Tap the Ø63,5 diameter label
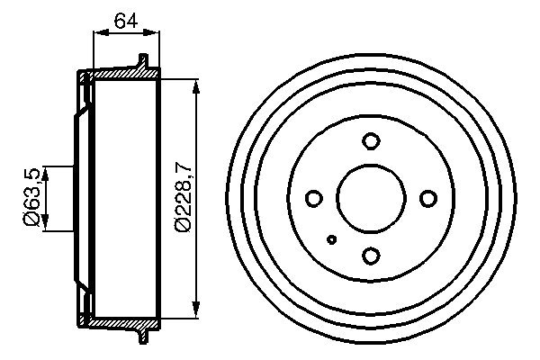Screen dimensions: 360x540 pyautogui.click(x=31, y=197)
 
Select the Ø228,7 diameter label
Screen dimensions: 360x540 pyautogui.click(x=183, y=197)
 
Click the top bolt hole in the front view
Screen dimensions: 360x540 pyautogui.click(x=370, y=141)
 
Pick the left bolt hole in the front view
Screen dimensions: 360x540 pyautogui.click(x=314, y=198)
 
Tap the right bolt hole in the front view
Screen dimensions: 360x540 pyautogui.click(x=427, y=198)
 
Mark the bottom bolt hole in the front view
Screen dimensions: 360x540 pyautogui.click(x=370, y=256)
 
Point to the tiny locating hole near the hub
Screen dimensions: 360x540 pyautogui.click(x=333, y=238)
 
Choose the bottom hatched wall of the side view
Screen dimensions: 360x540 pyautogui.click(x=121, y=321)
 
